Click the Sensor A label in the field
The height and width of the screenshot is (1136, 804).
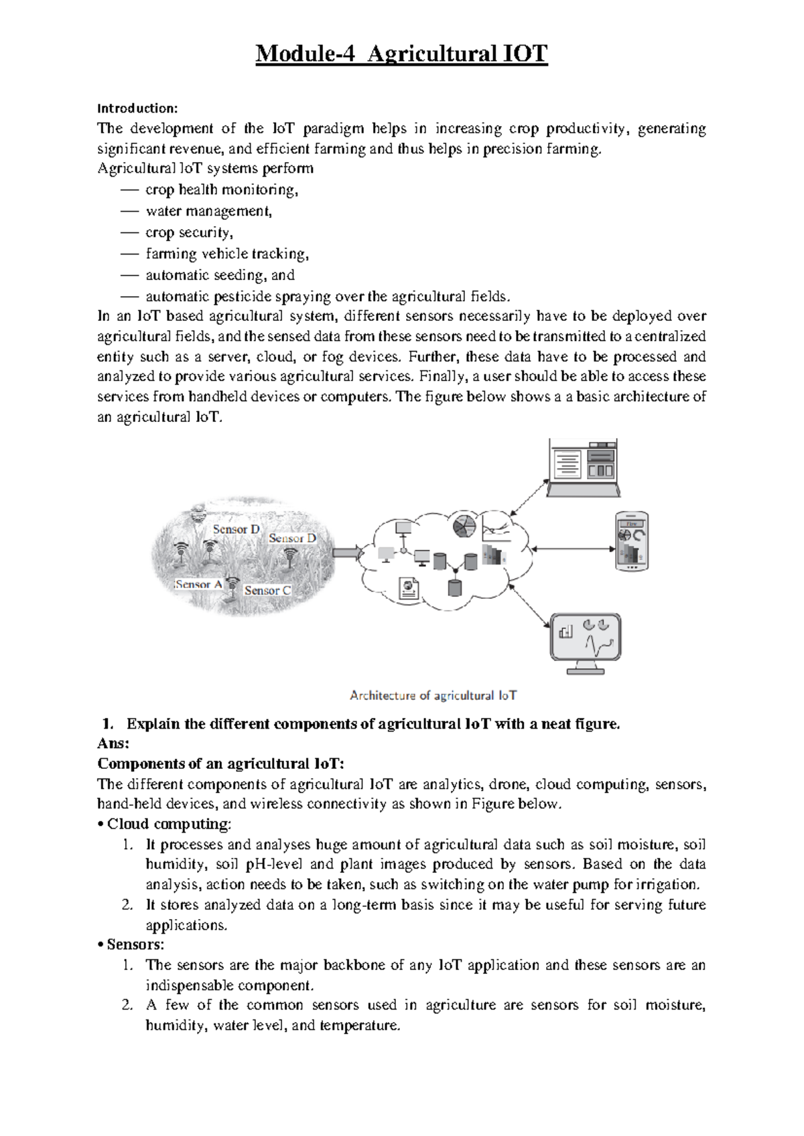198,584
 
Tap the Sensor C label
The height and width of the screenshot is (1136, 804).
267,590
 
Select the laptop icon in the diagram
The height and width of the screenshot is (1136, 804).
582,468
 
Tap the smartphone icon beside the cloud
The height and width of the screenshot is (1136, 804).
632,541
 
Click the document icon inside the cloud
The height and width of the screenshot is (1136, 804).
409,588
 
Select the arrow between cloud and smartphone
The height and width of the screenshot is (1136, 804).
574,549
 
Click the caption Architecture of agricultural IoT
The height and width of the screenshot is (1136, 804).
433,695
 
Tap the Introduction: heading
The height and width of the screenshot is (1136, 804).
137,108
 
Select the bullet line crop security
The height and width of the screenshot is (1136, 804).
189,232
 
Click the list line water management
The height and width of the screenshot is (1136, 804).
208,211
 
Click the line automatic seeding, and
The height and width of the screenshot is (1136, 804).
220,275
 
